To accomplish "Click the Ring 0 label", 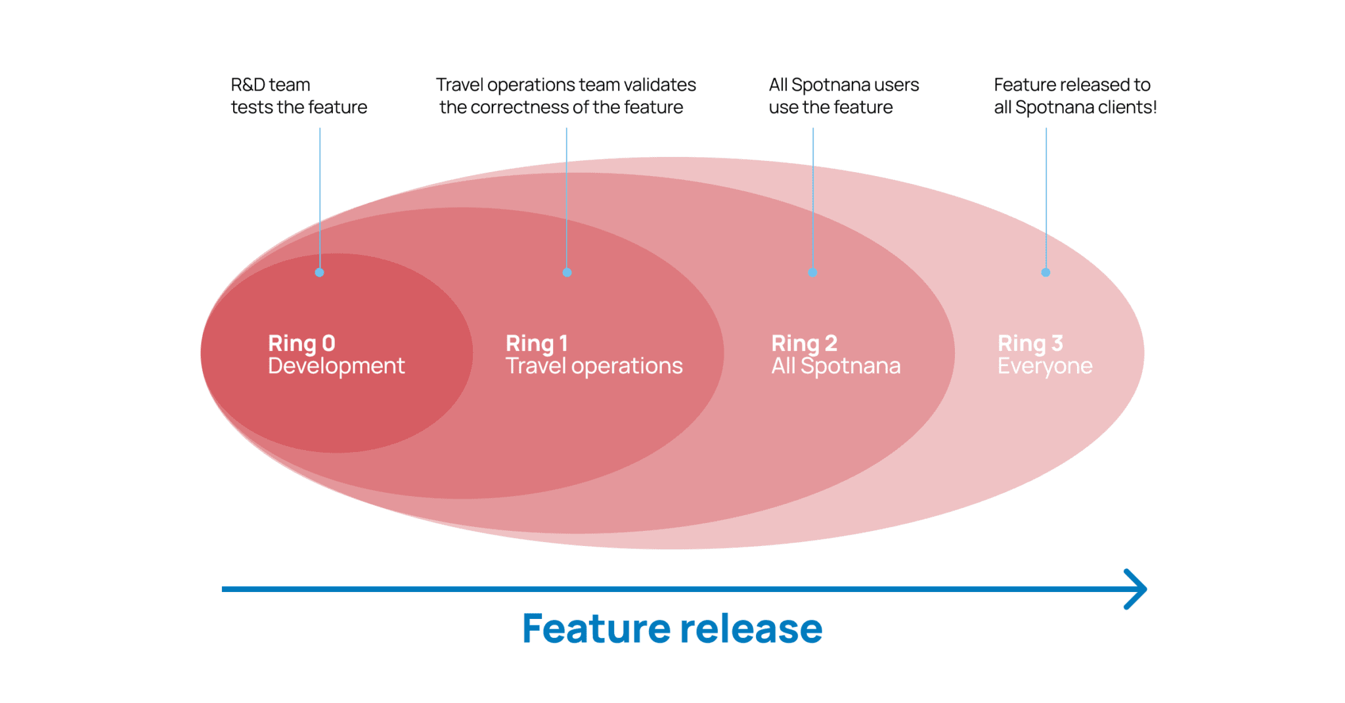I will [301, 343].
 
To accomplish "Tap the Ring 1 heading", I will [536, 343].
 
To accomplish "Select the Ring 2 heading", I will [804, 343].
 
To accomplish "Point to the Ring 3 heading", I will [1030, 343].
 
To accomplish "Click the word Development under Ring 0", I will [336, 366].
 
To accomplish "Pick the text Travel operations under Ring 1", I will [594, 366].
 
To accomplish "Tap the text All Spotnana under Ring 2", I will [835, 366].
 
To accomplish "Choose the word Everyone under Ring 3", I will [1044, 366].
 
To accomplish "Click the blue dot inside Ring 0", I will [319, 272].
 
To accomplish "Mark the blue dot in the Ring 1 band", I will [567, 272].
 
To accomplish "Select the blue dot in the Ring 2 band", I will [812, 272].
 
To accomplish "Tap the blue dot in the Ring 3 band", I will [1046, 272].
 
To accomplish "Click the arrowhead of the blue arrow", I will [1136, 589].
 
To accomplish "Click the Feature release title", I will [672, 628].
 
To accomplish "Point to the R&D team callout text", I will [299, 96].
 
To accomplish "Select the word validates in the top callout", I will [659, 85].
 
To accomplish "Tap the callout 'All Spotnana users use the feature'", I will [843, 96].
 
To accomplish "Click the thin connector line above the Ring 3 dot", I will [1046, 197].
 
